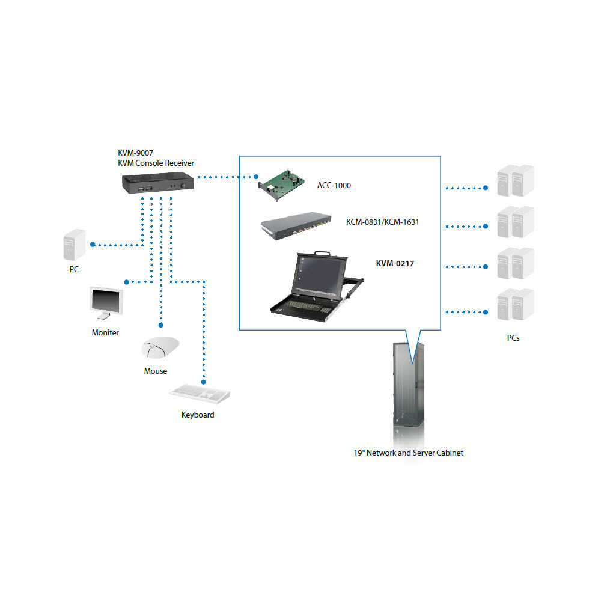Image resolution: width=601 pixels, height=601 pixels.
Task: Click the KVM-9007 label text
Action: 135,153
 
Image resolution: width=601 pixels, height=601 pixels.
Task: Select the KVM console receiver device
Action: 157,184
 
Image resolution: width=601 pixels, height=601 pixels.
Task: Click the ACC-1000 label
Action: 334,185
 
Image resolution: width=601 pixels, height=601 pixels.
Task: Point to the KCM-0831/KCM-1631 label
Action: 382,222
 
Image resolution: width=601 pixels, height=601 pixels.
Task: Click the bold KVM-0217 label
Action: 395,263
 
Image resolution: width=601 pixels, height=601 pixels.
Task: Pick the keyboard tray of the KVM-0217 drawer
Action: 304,305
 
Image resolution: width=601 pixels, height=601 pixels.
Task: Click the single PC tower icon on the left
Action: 73,245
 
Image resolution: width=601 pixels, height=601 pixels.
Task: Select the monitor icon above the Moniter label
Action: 106,304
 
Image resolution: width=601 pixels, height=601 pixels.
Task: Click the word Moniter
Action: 105,332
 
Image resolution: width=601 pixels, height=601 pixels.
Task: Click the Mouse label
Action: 156,371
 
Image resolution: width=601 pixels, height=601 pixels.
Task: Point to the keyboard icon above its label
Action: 200,394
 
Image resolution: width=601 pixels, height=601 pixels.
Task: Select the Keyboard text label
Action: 198,415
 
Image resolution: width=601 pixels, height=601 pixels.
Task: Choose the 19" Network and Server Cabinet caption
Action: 408,453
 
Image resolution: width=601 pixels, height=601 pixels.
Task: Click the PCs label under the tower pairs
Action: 513,338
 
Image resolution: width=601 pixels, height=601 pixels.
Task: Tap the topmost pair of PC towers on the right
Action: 515,180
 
